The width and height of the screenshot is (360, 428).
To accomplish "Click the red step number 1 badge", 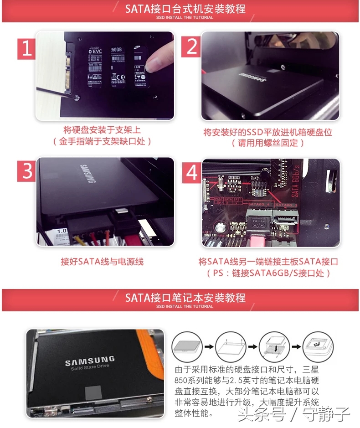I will coord(27,48).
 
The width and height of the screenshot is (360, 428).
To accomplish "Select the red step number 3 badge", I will coord(27,171).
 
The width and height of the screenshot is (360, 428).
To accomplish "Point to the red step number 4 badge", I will coord(192,172).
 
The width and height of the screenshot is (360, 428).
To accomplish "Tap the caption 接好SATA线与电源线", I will coord(102,262).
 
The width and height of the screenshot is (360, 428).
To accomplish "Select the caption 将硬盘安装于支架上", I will coord(102,130).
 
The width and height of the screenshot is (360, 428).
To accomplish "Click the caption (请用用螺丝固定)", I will coord(267,143).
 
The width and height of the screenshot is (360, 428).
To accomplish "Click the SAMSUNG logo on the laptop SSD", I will coord(89,362).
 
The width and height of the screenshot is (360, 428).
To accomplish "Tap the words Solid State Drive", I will coord(89,369).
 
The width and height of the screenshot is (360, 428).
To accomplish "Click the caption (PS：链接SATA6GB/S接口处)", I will coord(267,273).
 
